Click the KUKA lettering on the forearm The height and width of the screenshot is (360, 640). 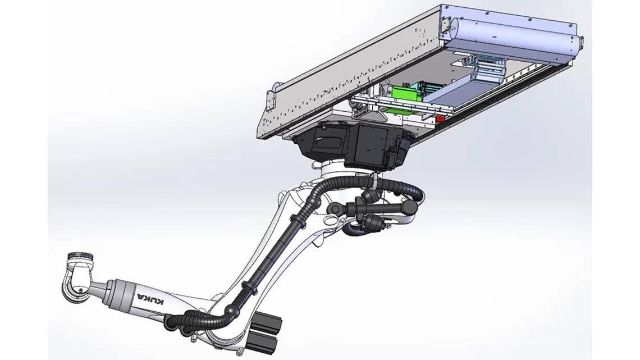pyautogui.click(x=150, y=302)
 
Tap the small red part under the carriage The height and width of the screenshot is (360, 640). pyautogui.click(x=441, y=119)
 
